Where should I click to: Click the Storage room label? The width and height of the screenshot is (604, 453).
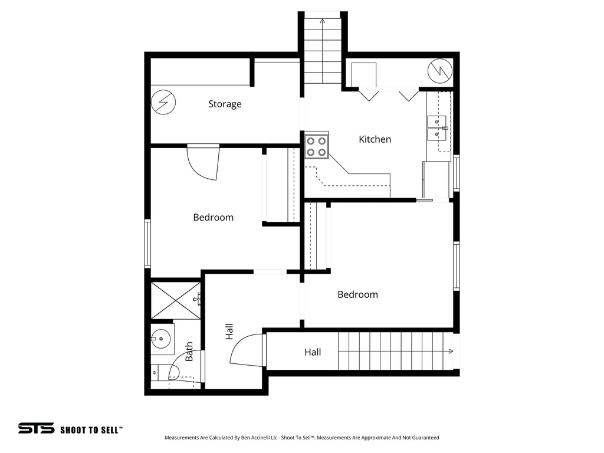click(225, 104)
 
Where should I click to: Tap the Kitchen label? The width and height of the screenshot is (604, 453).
click(375, 140)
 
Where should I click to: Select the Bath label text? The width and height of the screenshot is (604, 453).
click(189, 352)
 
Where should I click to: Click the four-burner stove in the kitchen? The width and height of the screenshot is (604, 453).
click(317, 146)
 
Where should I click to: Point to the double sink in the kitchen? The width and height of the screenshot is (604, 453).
click(437, 128)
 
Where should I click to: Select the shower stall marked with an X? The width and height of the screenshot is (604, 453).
click(176, 300)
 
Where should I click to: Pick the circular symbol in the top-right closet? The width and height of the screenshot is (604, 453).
click(439, 71)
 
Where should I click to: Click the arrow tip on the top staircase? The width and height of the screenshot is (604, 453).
click(323, 21)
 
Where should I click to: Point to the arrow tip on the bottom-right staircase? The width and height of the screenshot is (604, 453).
click(451, 352)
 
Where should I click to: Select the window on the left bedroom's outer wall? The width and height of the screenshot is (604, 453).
click(147, 243)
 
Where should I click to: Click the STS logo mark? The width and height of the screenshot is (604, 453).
click(36, 428)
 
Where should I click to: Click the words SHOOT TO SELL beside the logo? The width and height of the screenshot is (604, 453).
click(91, 430)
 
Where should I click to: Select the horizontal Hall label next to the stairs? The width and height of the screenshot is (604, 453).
click(313, 352)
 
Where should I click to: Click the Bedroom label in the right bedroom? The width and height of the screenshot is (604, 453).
click(357, 295)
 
